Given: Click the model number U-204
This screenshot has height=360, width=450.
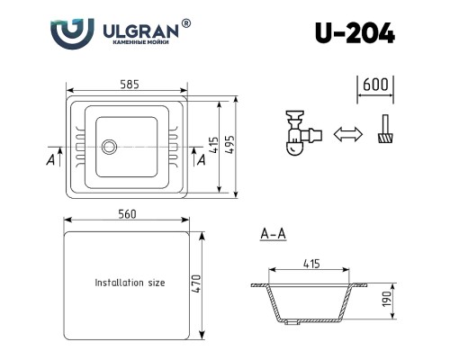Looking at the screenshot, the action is point(355,33).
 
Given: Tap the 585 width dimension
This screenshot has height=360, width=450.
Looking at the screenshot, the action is point(130,85).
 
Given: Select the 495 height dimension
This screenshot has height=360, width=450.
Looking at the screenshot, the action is point(229,145).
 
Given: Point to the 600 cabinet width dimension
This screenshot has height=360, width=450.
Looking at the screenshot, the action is point(375,85).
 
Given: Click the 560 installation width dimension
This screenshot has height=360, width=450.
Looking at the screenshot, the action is point(127,214).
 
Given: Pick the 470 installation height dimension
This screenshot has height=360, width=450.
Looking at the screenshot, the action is point(196,284).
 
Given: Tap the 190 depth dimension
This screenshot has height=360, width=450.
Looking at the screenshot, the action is point(387,299).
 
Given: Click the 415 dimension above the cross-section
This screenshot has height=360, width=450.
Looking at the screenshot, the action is point(311,264).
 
